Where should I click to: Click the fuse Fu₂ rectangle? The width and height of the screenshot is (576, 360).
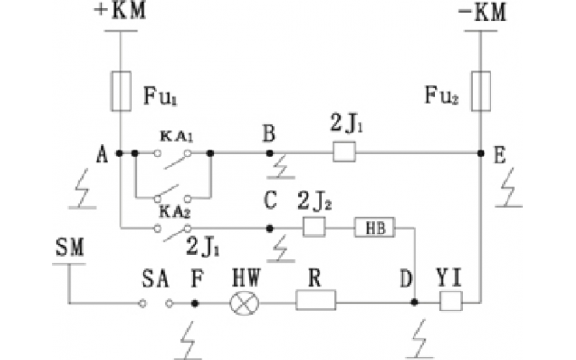[x=480, y=91]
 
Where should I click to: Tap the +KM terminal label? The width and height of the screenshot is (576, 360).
[x=120, y=12]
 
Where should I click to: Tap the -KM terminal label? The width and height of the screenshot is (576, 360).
[x=480, y=12]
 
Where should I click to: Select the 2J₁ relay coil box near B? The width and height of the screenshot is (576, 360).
[x=344, y=153]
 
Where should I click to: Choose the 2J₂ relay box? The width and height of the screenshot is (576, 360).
[x=313, y=228]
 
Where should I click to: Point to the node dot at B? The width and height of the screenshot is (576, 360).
[x=269, y=153]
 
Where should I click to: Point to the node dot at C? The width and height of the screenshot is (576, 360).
[x=269, y=228]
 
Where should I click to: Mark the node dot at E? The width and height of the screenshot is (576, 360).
[x=480, y=153]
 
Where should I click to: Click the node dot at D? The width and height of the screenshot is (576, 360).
[x=415, y=303]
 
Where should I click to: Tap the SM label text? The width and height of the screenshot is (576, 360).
[x=69, y=251]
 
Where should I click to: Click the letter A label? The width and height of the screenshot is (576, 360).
[x=102, y=153]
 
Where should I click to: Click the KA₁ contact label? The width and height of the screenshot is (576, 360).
[x=171, y=135]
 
